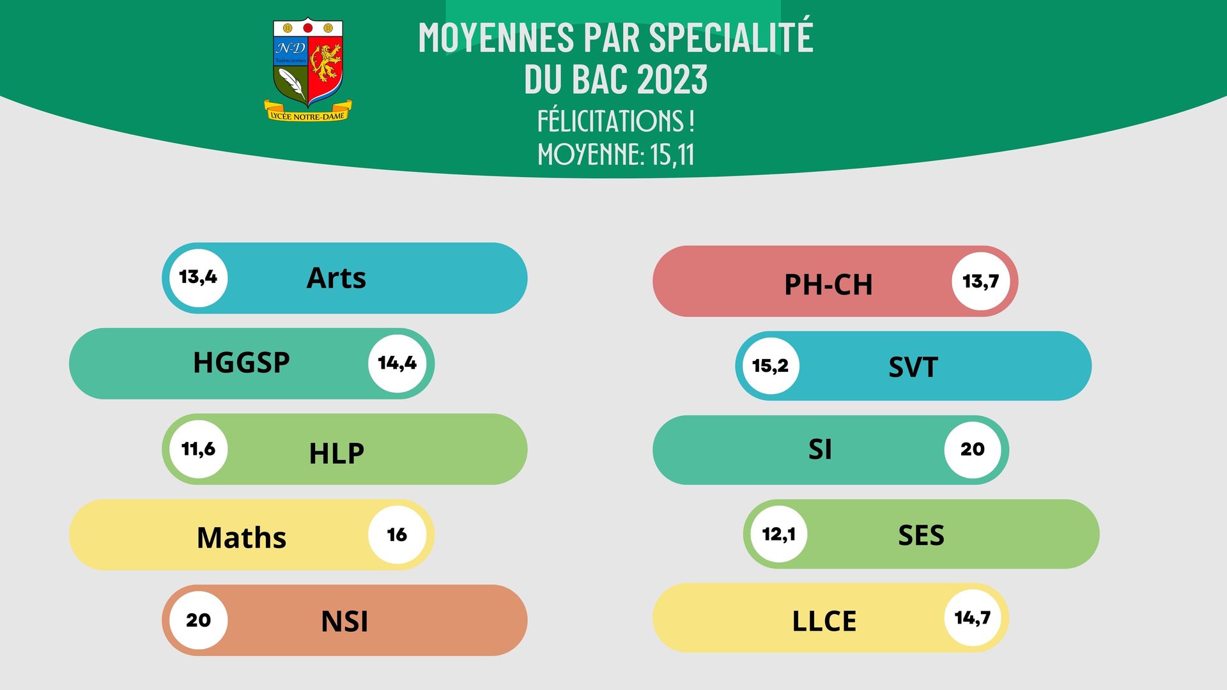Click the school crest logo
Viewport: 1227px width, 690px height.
308,70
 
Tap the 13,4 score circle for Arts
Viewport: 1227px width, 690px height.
199,278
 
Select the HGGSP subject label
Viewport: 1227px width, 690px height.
242,362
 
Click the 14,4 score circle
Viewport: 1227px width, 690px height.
397,364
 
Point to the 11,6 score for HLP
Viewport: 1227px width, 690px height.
199,449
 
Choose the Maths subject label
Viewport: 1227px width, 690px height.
242,537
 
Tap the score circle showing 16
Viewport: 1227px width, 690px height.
397,535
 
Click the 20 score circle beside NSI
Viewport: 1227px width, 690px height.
199,620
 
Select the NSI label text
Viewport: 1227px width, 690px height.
344,621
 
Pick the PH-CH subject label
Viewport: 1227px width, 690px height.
828,284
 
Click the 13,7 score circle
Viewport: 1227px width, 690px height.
981,281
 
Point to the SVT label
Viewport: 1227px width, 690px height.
913,367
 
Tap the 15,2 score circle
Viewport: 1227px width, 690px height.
771,366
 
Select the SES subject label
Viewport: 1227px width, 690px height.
921,535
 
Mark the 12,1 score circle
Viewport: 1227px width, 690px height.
778,534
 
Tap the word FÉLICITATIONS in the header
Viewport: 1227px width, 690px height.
611,120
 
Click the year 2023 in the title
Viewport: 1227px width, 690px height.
672,79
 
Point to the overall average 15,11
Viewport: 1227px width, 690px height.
672,155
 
